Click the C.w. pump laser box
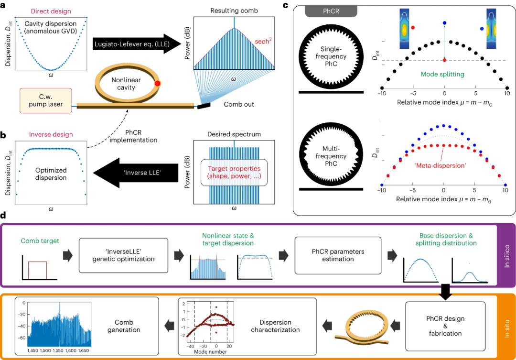(x=46, y=100)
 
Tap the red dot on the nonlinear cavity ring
(x=158, y=83)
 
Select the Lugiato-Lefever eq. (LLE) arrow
(x=137, y=44)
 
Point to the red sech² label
(x=263, y=41)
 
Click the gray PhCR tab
(x=331, y=11)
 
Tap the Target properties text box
(x=234, y=172)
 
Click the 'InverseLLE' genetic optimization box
(x=123, y=255)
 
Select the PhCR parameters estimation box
(x=338, y=255)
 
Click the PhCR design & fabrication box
(x=445, y=326)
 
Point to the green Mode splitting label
(x=442, y=74)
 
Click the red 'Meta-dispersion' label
(x=440, y=165)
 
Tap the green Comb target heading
(x=40, y=241)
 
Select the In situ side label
(x=507, y=328)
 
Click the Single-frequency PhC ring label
(x=331, y=56)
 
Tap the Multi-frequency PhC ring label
(x=331, y=156)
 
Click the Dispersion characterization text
(x=276, y=326)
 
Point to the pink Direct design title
(x=51, y=11)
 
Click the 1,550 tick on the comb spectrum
(x=58, y=350)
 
